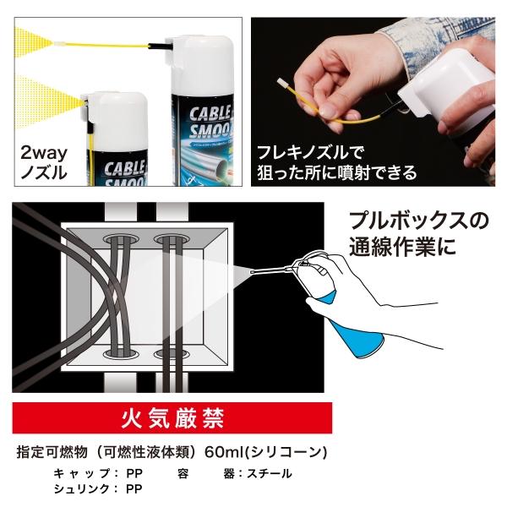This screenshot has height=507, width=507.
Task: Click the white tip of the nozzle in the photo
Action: click(x=282, y=84)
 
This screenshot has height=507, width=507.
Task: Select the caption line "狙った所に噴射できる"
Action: click(x=335, y=173)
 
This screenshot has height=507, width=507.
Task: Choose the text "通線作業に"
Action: click(x=401, y=250)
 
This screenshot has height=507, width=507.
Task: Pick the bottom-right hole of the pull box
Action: click(x=172, y=349)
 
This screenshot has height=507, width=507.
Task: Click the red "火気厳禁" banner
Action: click(x=172, y=417)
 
